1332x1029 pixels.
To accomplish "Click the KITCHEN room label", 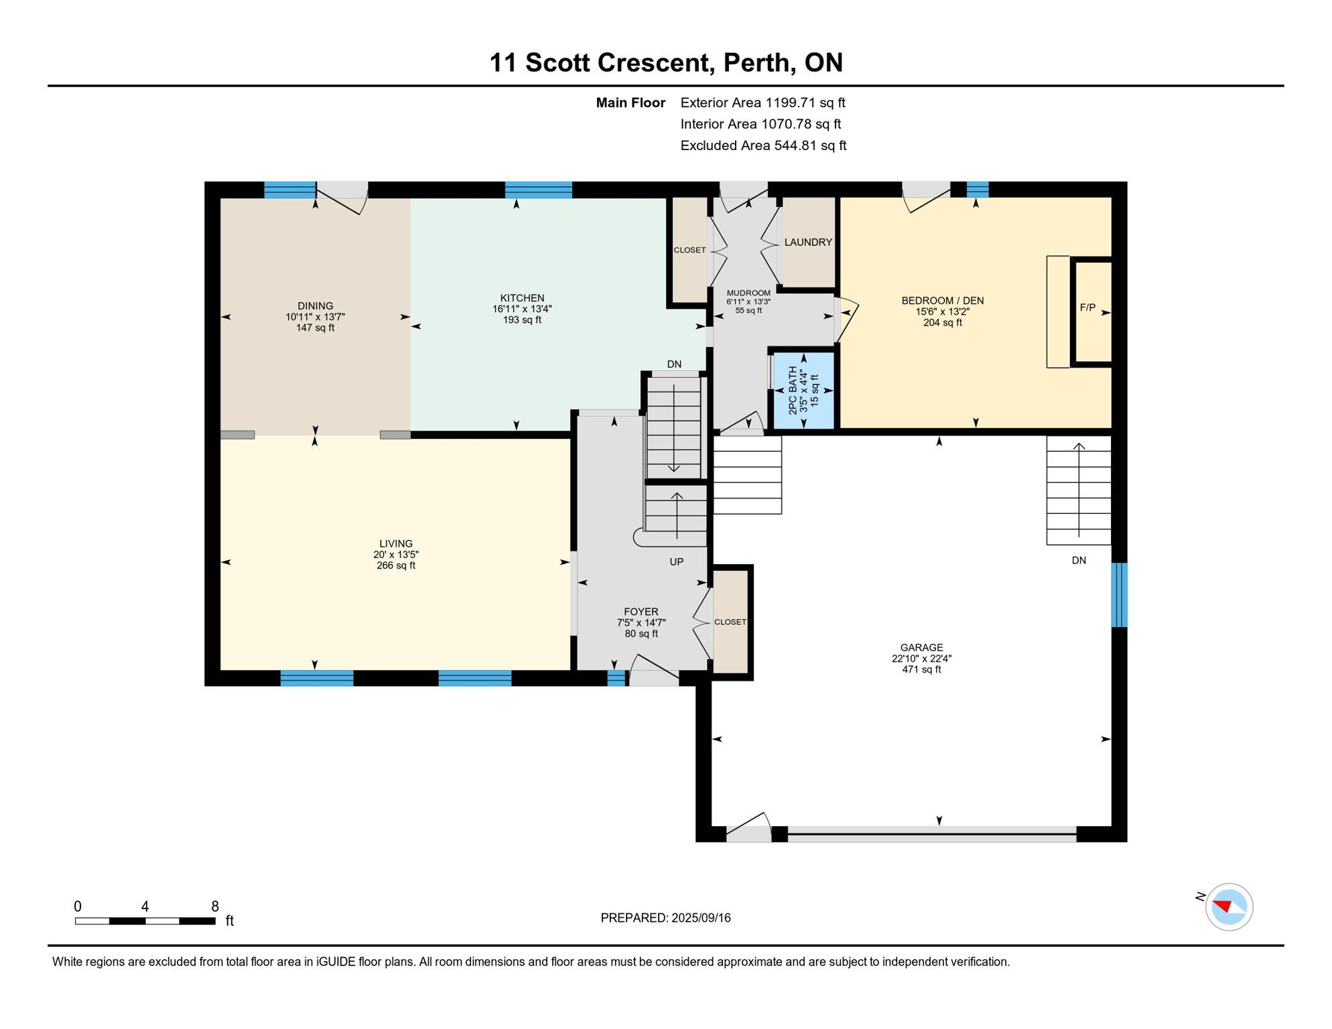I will tap(522, 298).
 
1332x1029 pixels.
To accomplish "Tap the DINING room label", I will tap(315, 306).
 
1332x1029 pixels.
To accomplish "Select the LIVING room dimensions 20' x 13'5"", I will tap(395, 555).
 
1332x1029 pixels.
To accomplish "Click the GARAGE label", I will tap(921, 648).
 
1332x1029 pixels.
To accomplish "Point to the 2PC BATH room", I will tap(803, 391).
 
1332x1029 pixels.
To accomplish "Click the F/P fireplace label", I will tap(1087, 308).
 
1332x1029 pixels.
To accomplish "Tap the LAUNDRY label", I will tap(808, 243).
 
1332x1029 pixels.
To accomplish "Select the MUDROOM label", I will tap(748, 293).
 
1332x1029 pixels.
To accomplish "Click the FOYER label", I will tap(641, 612).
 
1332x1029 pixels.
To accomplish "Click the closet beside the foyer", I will tap(730, 622).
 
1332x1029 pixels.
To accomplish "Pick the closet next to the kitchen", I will tap(689, 251).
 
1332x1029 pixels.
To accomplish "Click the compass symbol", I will tap(1229, 907).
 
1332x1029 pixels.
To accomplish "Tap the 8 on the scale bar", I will tap(214, 906).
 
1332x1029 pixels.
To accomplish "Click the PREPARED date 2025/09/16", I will tap(665, 918).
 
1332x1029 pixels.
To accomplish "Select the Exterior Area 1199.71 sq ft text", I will tap(762, 102).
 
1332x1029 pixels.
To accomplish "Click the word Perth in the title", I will tap(756, 63).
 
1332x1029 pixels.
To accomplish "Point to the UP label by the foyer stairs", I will tap(677, 562).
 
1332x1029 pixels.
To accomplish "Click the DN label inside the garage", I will tap(1079, 561).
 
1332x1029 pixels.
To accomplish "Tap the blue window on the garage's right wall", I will tap(1119, 595).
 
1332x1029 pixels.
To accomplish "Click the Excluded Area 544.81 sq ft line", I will tap(763, 145).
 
